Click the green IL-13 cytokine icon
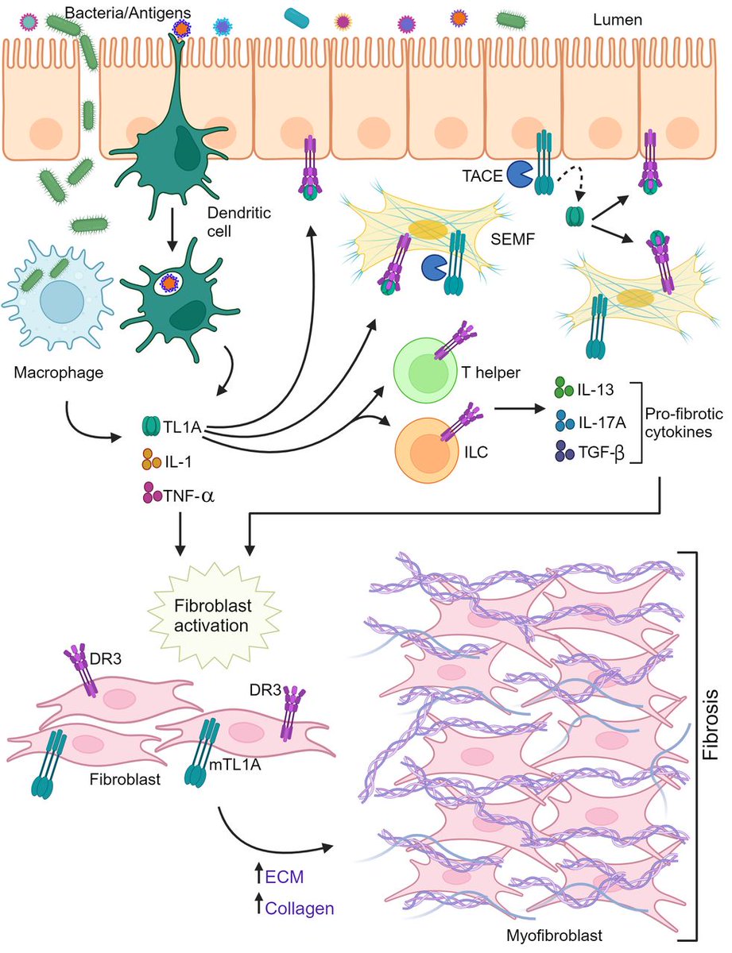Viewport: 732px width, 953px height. click(561, 388)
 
